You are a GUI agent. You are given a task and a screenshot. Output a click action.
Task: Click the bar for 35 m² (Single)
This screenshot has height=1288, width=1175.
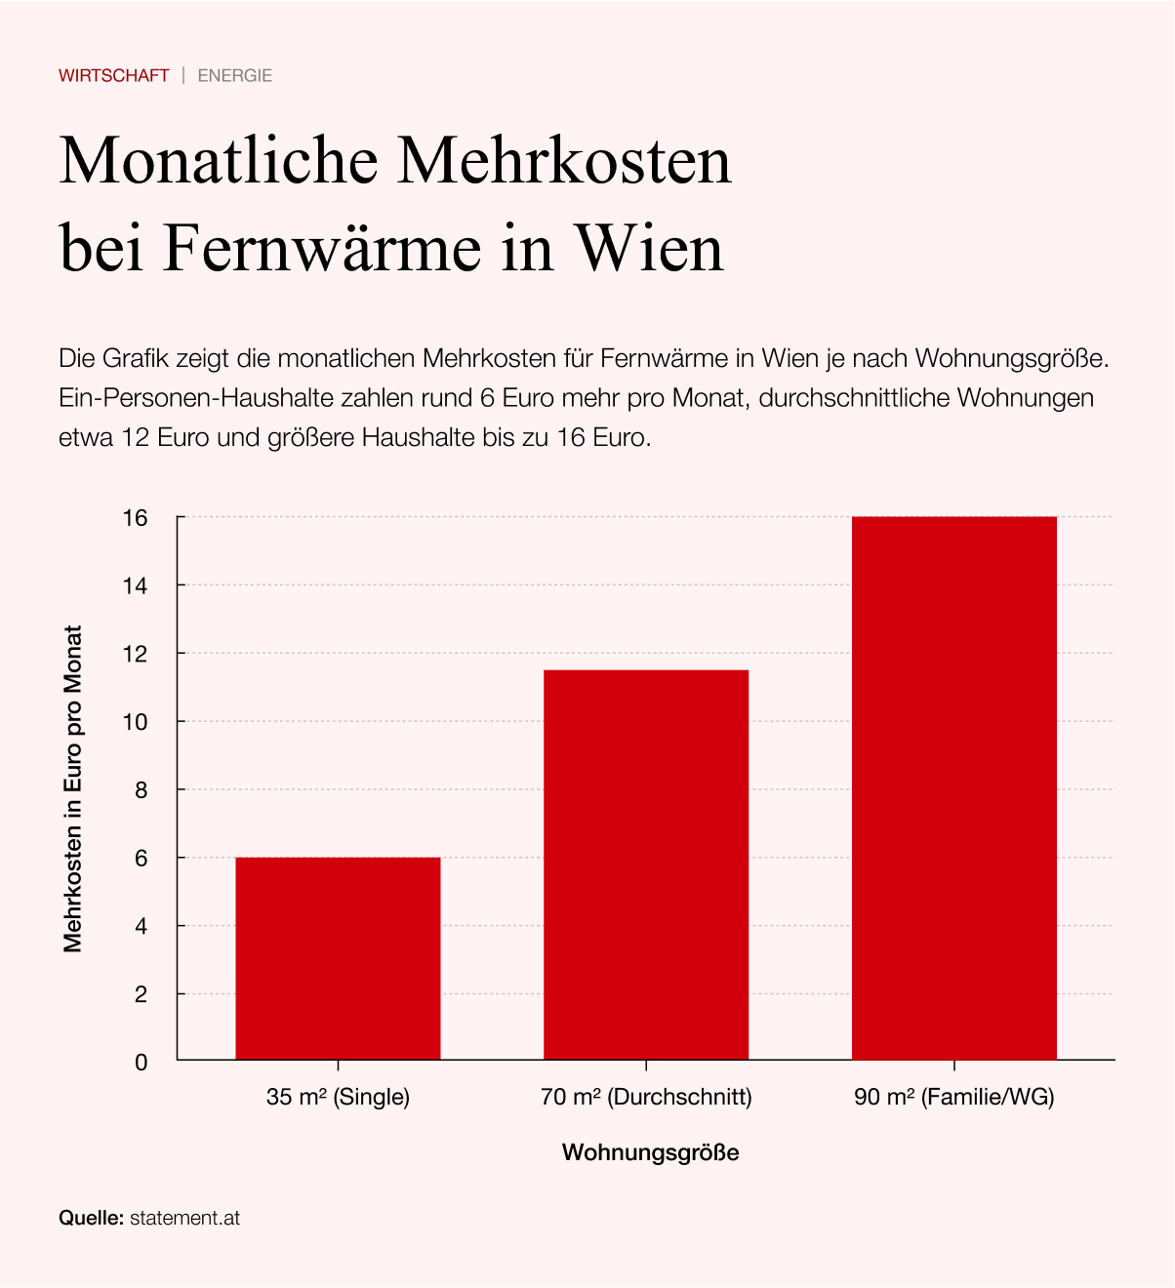pos(338,958)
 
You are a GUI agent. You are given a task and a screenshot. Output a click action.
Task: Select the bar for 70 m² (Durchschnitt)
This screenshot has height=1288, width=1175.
pos(646,865)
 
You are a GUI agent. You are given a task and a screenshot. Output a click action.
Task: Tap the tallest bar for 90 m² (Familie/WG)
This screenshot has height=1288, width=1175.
pos(954,787)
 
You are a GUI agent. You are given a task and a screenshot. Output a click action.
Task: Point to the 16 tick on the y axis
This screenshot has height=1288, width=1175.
pos(135,517)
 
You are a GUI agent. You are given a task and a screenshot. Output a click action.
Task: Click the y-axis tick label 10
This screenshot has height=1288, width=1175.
pos(135,722)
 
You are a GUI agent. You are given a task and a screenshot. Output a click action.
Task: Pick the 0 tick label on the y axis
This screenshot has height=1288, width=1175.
pos(142,1063)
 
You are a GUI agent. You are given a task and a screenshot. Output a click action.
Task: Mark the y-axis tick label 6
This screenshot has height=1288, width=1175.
pos(142,859)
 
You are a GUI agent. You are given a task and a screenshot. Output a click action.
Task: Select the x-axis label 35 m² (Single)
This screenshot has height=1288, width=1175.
pos(338,1097)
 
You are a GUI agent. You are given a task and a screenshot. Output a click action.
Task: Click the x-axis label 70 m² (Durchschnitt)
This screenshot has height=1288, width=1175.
pos(646,1097)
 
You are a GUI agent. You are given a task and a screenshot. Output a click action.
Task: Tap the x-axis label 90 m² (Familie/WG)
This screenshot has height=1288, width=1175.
pos(954,1097)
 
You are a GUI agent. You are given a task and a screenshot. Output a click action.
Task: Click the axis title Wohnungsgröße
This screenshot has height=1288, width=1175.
pos(650,1152)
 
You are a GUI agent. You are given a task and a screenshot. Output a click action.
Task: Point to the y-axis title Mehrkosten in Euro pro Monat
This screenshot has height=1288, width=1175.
pos(72,788)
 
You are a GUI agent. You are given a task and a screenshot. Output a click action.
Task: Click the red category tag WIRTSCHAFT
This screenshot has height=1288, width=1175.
pos(114,75)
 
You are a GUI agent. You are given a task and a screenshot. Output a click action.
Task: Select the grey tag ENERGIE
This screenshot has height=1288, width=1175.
pos(235,75)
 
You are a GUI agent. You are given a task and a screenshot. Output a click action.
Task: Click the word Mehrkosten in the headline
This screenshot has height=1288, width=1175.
pos(563,160)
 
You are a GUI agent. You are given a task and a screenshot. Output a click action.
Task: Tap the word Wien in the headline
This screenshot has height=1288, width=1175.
pos(650,248)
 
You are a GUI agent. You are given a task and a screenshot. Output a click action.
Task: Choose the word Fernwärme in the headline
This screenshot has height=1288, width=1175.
pos(322,248)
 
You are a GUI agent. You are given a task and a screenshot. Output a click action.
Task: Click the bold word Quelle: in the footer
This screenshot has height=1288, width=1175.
pos(91,1218)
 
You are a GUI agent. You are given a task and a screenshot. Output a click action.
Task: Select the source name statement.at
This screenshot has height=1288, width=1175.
pos(184,1218)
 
